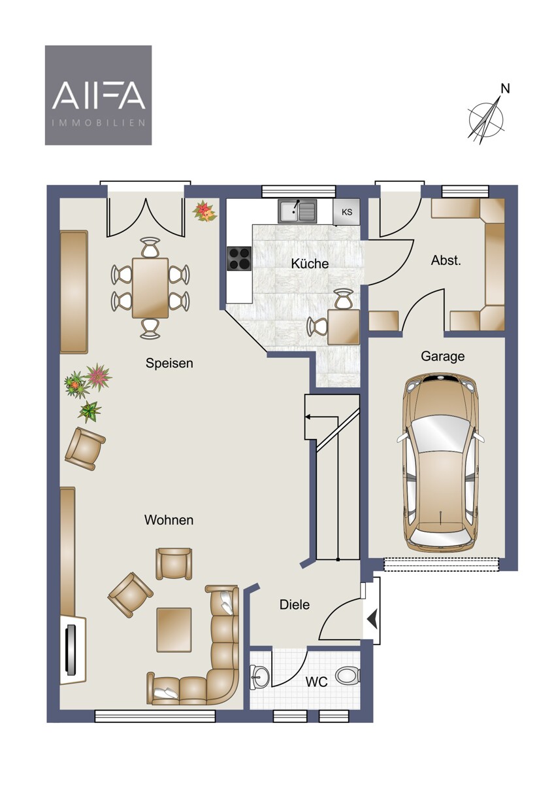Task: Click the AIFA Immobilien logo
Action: [x=99, y=95]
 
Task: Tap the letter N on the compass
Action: [x=505, y=89]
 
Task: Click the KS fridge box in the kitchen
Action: [x=346, y=212]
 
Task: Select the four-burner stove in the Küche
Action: [x=239, y=258]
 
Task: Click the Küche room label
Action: [x=310, y=264]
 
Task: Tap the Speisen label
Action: [x=169, y=363]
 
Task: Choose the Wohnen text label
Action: [x=169, y=519]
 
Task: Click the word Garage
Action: [x=443, y=357]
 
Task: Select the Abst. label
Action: [x=446, y=260]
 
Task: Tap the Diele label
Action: [x=295, y=604]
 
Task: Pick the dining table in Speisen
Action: [x=150, y=288]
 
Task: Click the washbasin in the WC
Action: [x=259, y=676]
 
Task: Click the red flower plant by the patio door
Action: [x=204, y=211]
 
